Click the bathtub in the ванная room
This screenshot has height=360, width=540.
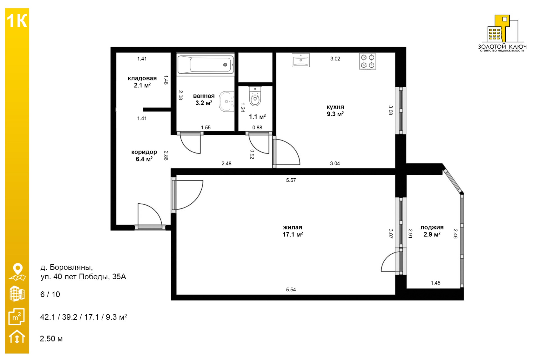(205, 65)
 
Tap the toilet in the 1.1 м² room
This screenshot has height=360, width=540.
(255, 96)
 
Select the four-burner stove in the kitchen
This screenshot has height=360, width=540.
(368, 61)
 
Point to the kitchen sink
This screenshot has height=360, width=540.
(301, 60)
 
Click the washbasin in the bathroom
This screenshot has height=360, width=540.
(227, 101)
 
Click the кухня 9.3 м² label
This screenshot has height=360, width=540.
(335, 111)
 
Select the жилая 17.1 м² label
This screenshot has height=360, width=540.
(292, 231)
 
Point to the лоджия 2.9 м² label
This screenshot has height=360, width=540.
(432, 231)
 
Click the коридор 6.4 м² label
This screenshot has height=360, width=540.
(144, 156)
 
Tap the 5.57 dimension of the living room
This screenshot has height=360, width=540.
(291, 180)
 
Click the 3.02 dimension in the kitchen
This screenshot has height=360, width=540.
(335, 59)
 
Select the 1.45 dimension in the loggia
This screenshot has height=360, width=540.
(436, 283)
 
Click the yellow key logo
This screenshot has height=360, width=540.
(502, 28)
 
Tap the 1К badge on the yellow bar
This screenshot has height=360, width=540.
(17, 21)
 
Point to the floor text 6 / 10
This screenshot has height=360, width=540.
(50, 294)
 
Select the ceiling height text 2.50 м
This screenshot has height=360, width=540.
(51, 339)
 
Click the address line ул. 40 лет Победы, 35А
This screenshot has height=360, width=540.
(83, 277)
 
